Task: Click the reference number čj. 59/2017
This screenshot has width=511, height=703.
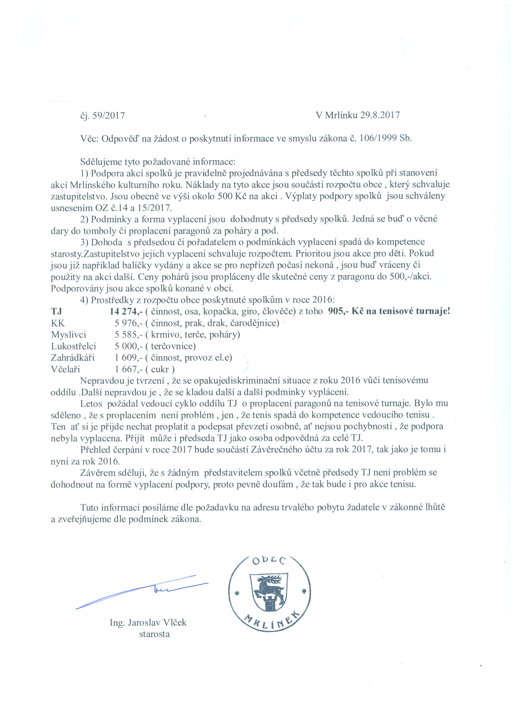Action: click(102, 116)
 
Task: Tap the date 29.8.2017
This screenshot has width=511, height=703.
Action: click(380, 115)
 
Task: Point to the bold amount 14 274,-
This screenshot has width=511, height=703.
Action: click(126, 311)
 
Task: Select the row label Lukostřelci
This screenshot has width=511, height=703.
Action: click(74, 346)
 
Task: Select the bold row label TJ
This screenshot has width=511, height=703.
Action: click(56, 311)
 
